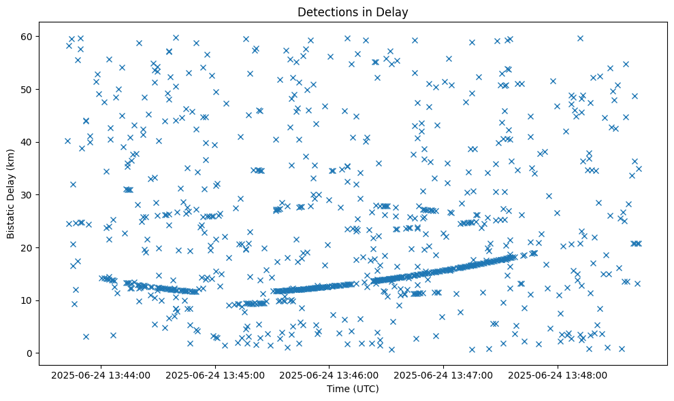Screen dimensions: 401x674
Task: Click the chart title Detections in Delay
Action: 353,12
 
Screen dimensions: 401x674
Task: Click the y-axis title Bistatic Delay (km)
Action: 12,194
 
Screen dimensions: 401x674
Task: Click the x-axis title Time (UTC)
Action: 353,389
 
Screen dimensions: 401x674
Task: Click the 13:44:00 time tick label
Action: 101,374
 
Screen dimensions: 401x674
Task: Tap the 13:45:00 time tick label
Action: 216,374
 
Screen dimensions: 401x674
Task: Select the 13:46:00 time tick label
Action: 330,374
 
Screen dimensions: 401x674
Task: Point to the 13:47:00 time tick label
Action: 445,374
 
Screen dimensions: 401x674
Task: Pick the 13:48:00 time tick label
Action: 558,374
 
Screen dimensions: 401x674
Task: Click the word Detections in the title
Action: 326,12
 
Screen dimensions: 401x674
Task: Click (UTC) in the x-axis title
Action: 365,389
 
